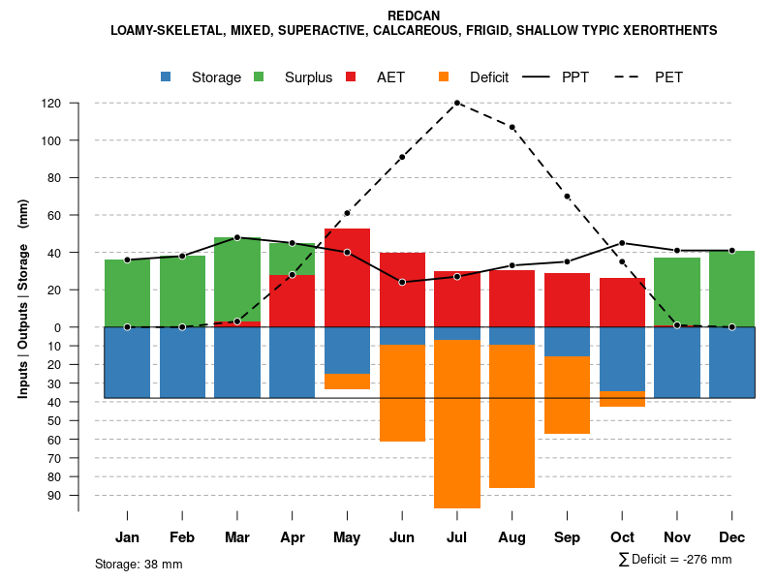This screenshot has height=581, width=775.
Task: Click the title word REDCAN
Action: [x=414, y=15]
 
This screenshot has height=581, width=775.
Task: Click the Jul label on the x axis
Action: [x=457, y=537]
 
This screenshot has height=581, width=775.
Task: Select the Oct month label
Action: [x=623, y=537]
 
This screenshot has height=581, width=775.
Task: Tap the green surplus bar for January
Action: [x=127, y=293]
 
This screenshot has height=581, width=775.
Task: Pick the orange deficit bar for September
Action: [x=568, y=395]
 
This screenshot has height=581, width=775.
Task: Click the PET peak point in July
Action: [x=457, y=103]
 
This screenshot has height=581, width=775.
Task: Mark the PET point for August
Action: [x=512, y=127]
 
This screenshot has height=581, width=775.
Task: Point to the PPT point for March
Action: [x=237, y=237]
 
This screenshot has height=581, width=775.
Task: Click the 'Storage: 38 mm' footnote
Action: [x=139, y=564]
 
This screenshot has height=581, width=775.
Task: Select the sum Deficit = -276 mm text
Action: [x=675, y=560]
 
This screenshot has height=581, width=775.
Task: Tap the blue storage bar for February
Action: [x=182, y=362]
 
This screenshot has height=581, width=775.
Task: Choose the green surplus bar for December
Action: [x=732, y=289]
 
